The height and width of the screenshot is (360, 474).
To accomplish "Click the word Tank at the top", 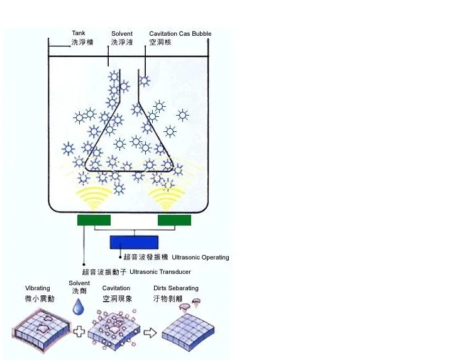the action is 79,33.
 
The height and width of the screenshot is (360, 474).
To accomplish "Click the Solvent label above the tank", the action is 122,33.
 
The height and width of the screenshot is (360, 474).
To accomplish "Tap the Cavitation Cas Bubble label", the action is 180,33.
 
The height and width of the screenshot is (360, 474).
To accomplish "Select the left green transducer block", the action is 94,220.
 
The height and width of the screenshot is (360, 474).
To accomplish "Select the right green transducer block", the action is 174,220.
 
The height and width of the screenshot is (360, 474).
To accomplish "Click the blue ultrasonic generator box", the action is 134,243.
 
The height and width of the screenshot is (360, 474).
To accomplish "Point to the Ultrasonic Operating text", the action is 201,258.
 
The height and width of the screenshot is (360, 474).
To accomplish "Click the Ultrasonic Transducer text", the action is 160,272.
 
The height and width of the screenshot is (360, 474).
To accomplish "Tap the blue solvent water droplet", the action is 79,307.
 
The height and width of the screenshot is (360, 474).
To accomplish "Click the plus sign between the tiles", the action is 79,331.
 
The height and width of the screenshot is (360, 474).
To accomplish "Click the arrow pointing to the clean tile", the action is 150,333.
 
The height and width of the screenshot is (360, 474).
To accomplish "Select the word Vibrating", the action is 38,288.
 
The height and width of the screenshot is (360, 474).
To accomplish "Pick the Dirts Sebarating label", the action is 176,288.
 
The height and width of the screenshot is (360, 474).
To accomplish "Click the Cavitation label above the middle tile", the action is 116,288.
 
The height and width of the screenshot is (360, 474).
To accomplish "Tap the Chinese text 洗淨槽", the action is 82,42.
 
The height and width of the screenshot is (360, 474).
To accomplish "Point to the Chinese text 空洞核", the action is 160,42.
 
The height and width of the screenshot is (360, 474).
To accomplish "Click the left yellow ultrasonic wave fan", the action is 94,198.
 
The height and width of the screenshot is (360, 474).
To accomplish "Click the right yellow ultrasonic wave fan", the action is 166,198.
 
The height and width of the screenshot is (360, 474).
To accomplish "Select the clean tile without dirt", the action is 188,332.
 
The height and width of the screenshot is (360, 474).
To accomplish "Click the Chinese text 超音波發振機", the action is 146,257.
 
